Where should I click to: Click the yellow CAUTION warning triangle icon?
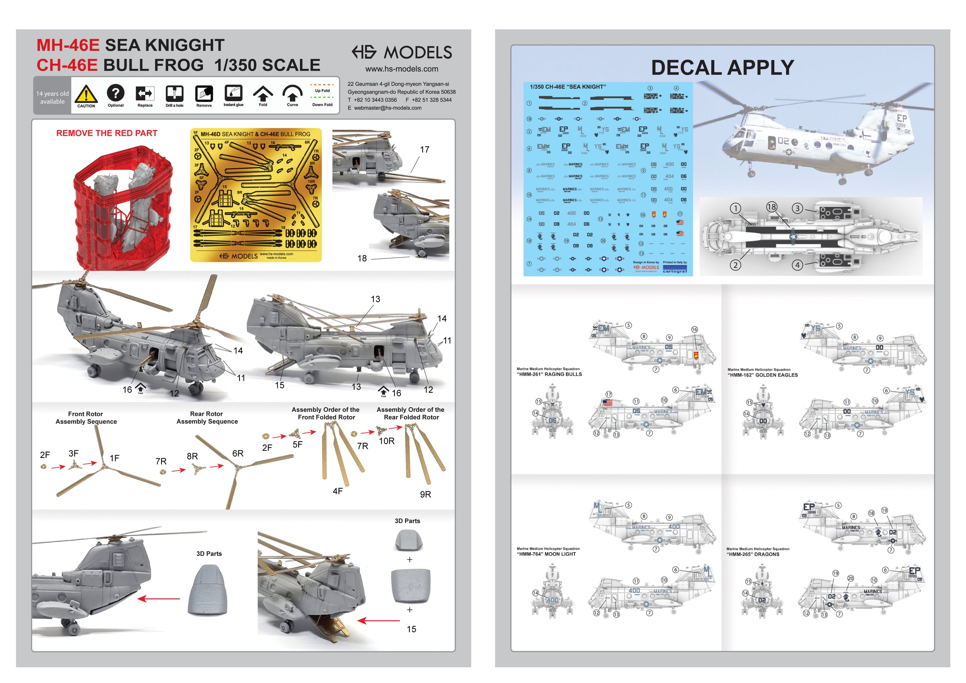[86, 94]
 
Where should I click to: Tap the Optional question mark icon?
[115, 93]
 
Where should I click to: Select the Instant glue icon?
[233, 93]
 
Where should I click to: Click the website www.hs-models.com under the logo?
[401, 69]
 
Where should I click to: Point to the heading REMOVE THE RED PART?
[107, 133]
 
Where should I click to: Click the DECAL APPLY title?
[722, 67]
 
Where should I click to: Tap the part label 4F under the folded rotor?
[337, 491]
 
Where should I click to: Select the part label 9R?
[425, 495]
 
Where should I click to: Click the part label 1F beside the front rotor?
[114, 458]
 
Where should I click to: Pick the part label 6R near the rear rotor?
[238, 454]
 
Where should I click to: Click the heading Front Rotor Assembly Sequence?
[86, 418]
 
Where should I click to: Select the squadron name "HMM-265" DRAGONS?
[753, 554]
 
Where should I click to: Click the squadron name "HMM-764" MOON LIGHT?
[546, 554]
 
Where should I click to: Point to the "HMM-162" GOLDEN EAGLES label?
[762, 375]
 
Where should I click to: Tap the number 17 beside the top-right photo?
[425, 150]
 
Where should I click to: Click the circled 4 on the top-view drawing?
[797, 265]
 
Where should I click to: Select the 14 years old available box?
[52, 98]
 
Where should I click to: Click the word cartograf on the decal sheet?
[675, 271]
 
